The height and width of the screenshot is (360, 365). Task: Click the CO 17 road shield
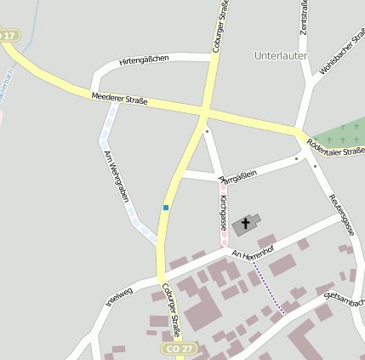pyautogui.click(x=9, y=36)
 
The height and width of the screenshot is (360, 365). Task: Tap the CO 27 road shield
pyautogui.click(x=172, y=349)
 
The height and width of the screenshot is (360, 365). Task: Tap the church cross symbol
pyautogui.click(x=247, y=224)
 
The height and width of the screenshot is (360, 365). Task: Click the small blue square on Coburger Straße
pyautogui.click(x=166, y=207)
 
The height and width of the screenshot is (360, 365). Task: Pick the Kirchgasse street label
pyautogui.click(x=223, y=212)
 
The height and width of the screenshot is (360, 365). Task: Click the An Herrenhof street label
pyautogui.click(x=253, y=247)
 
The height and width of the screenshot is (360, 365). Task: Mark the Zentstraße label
pyautogui.click(x=303, y=17)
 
